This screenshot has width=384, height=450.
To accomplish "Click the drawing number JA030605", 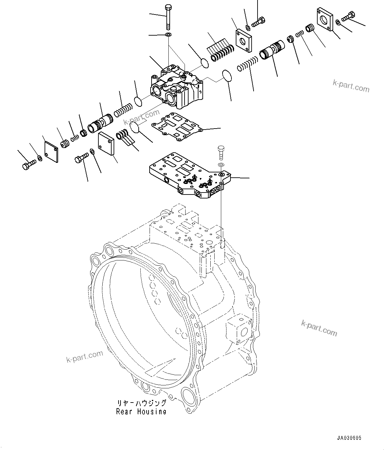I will tap(349, 438).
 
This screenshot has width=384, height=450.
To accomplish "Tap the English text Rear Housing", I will tap(141, 411).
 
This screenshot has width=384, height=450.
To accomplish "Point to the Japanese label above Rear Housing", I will tap(141, 403).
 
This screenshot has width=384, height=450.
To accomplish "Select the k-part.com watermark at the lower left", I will tap(85, 356).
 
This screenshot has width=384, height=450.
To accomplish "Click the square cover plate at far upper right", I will tap(325, 19).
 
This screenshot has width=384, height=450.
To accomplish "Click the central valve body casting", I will tap(178, 87).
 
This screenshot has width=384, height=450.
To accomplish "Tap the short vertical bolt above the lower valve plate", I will tap(221, 153).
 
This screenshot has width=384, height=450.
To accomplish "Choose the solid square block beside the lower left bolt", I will tap(106, 143).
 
